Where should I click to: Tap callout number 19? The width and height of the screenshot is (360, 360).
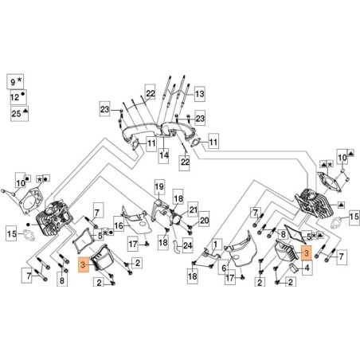click(158, 188)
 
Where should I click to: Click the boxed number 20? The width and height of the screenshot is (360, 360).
click(203, 221)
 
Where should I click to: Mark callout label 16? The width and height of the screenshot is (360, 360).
click(119, 226)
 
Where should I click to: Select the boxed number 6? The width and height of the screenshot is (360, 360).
click(224, 269)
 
